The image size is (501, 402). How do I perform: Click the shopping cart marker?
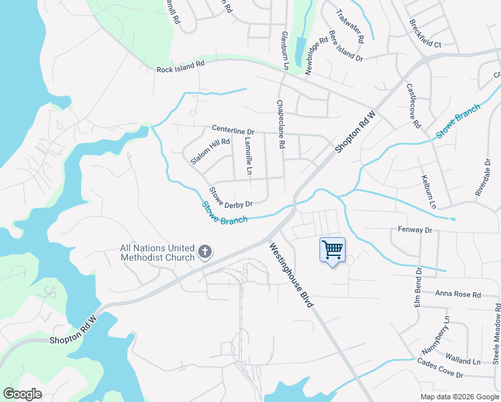332,251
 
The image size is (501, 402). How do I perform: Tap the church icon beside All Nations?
205,253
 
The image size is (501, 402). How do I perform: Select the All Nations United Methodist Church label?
157,253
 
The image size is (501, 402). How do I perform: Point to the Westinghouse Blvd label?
291,275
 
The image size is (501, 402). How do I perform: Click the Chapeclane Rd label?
281,125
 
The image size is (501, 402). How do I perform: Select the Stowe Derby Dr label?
230,197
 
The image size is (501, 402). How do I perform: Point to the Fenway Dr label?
415,230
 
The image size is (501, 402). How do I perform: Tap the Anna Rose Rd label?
458,294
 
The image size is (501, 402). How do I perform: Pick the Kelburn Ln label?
428,192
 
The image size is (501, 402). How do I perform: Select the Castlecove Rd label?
412,106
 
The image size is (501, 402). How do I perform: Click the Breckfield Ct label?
425,34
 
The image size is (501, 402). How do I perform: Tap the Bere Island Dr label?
345,46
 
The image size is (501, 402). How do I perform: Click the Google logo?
22,394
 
